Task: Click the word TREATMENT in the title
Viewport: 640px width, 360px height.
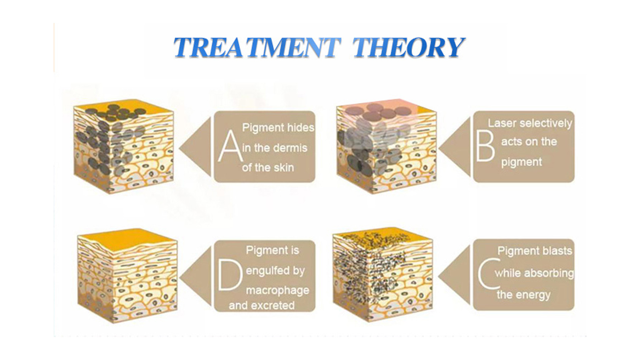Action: [257, 47]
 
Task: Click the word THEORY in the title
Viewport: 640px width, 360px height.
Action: [409, 47]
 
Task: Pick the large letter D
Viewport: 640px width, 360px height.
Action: [230, 275]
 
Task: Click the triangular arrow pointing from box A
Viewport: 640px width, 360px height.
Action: [195, 147]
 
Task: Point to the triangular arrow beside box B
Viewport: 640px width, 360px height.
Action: [455, 147]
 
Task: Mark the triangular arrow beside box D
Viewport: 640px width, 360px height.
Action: [195, 276]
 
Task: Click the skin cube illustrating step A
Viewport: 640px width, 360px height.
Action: [124, 147]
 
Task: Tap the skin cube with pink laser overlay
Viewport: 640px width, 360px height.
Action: [387, 147]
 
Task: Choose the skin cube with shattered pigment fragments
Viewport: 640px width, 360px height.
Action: [383, 275]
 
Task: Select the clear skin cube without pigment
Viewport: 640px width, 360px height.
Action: [128, 276]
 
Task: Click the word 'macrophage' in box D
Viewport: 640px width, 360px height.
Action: [277, 291]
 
